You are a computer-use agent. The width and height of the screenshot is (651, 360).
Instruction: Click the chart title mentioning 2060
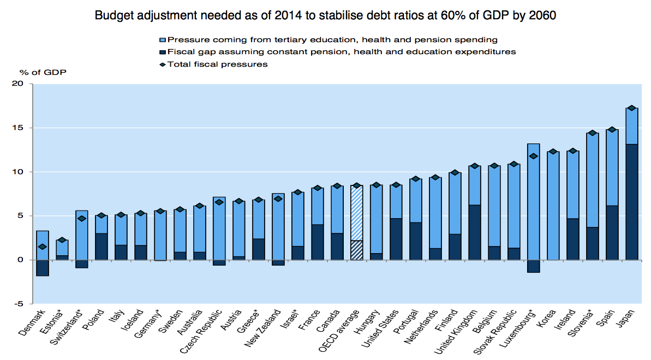325,15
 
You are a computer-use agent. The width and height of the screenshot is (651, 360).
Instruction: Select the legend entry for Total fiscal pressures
218,64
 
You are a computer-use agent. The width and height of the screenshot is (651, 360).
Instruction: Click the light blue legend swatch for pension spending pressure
162,40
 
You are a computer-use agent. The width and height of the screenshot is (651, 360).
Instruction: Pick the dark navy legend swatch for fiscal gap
162,52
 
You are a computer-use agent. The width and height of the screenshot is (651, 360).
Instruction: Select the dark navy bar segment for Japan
632,202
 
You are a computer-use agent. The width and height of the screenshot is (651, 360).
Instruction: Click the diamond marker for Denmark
43,247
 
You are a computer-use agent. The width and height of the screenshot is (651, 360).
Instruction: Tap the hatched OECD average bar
357,218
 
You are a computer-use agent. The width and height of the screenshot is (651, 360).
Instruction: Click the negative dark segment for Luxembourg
533,266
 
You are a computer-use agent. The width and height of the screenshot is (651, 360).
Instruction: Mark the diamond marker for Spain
612,130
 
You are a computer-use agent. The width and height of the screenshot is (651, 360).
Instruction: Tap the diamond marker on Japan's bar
632,108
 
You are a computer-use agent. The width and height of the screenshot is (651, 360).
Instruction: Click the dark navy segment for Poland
101,247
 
